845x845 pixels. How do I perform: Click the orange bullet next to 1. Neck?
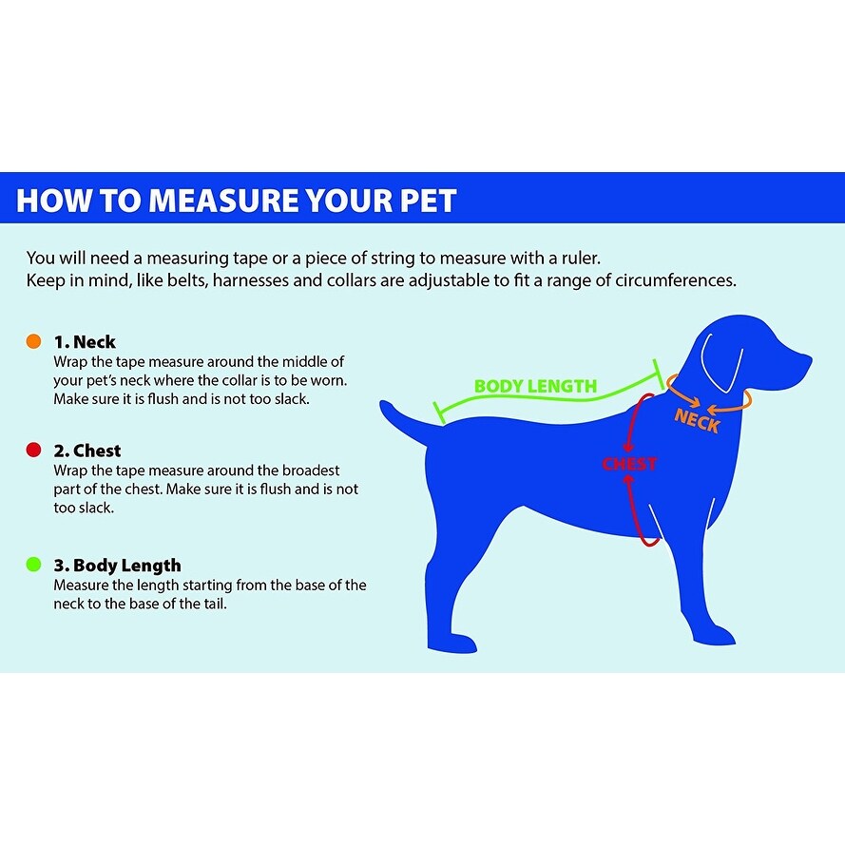tap(34, 341)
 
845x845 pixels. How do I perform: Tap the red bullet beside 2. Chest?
tap(34, 451)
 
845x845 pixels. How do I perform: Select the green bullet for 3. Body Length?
tap(34, 565)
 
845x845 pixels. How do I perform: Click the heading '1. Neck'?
tap(85, 341)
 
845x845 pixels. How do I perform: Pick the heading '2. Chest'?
tap(87, 451)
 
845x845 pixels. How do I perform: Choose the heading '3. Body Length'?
tap(117, 565)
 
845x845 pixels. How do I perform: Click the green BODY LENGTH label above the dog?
tap(535, 386)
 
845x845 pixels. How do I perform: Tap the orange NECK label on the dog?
tap(697, 420)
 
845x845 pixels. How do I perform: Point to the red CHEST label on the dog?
tap(629, 464)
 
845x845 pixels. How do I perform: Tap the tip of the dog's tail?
tap(386, 406)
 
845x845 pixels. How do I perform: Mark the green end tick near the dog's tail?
tap(438, 412)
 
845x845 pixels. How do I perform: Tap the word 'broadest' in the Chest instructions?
tap(309, 471)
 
